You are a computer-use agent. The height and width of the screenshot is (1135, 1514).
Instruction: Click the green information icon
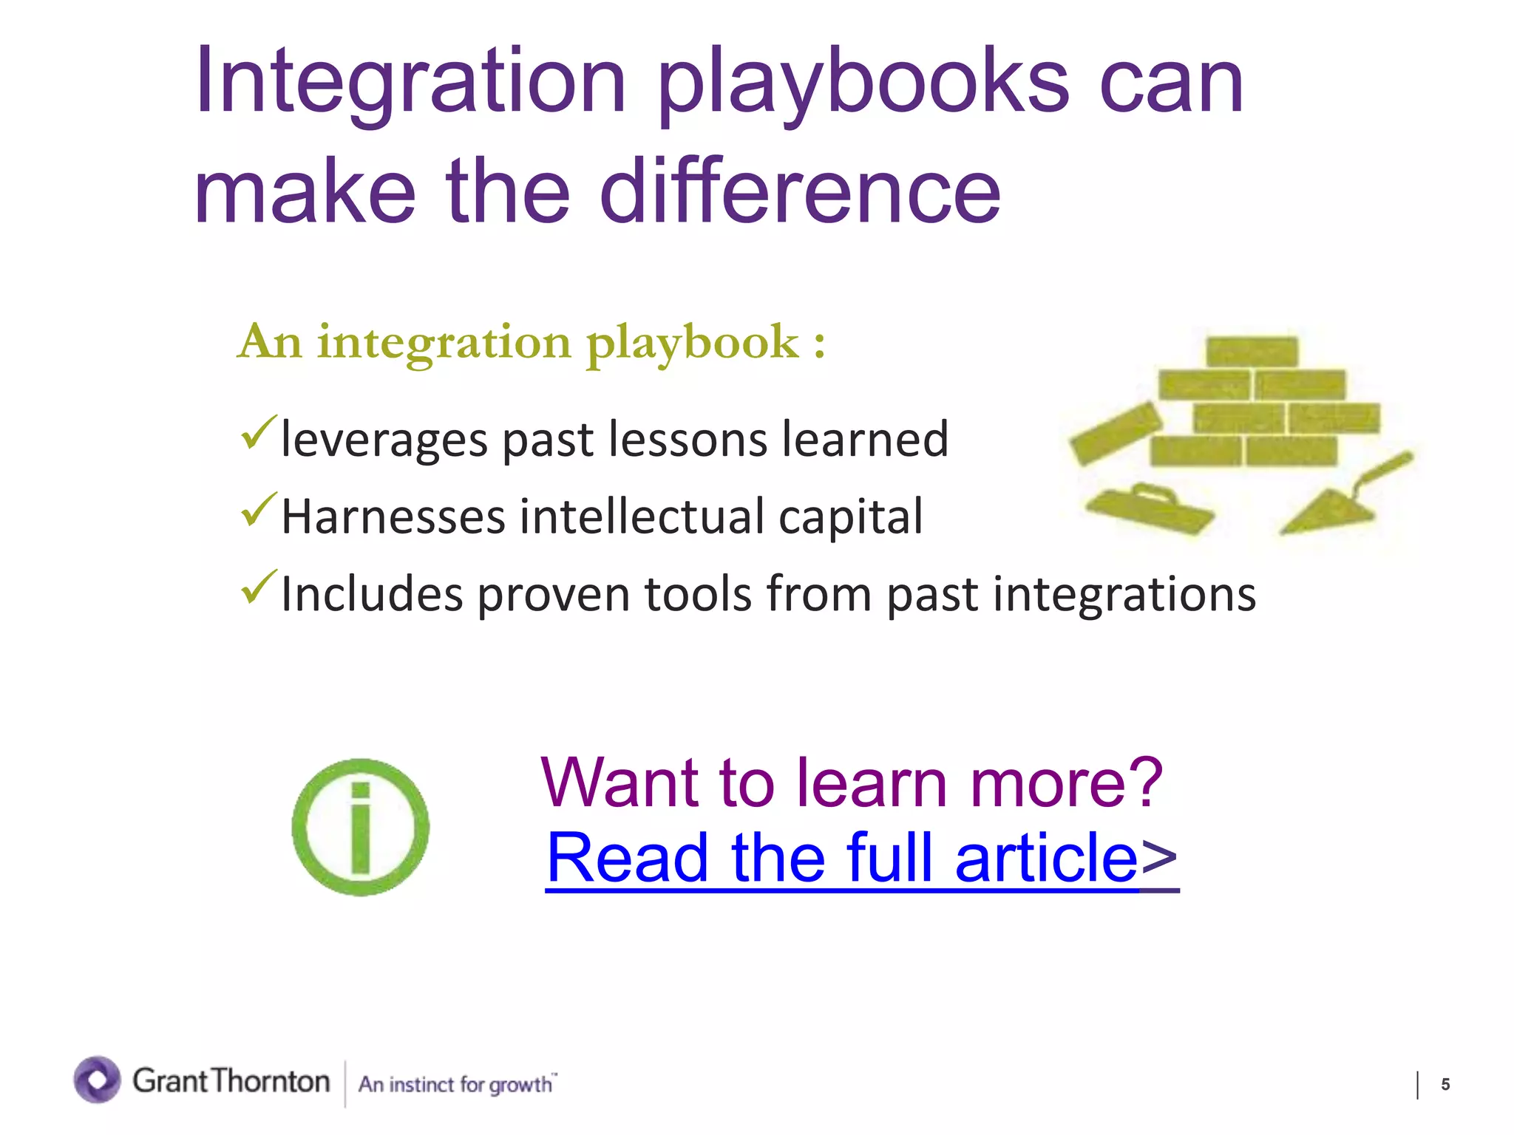[x=361, y=827]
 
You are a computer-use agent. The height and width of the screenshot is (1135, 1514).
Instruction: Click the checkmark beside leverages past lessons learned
[x=259, y=433]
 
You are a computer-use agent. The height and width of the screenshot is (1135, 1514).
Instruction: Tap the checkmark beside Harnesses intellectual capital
[x=259, y=510]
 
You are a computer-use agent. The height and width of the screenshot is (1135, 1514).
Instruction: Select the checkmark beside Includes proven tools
[x=259, y=587]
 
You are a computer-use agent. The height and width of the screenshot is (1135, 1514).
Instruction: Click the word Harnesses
[x=393, y=517]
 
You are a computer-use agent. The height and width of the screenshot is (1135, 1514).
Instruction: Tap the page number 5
[x=1445, y=1084]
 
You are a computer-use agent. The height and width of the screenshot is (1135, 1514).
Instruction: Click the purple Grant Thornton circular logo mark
[x=97, y=1080]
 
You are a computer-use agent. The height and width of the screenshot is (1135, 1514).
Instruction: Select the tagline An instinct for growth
[x=456, y=1084]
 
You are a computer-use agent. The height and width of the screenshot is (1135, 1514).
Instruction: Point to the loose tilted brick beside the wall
[x=1116, y=433]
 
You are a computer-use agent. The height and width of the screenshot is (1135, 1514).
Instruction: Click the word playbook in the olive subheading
[x=693, y=344]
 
